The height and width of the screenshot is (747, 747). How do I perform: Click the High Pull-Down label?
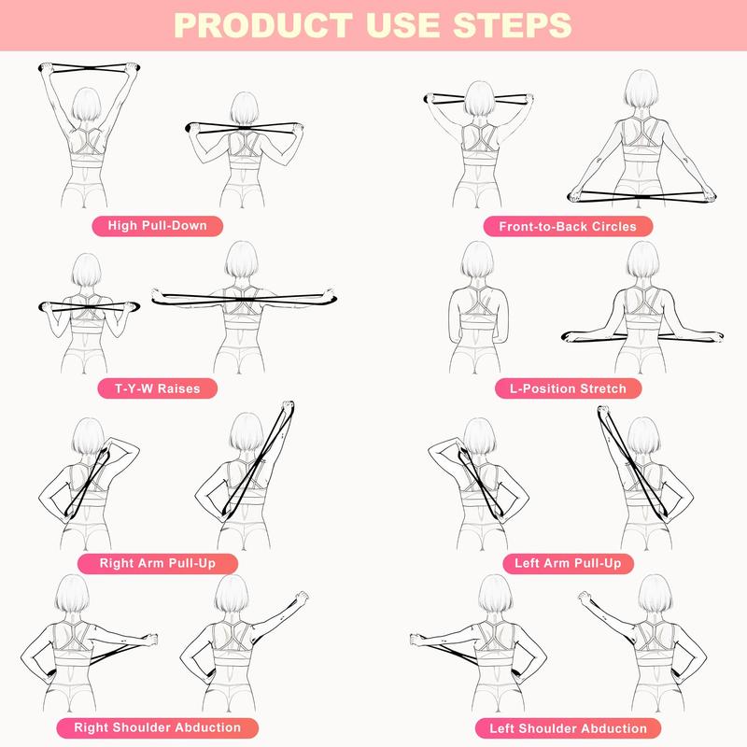[x=163, y=225]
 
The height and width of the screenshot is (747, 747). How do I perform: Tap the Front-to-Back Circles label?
[x=568, y=226]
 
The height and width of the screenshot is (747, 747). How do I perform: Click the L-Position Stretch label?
[x=569, y=388]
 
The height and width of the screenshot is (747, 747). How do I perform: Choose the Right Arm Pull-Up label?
[x=157, y=563]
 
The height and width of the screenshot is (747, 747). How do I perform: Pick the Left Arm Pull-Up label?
[x=568, y=563]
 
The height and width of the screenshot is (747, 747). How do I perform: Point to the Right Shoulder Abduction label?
[x=157, y=727]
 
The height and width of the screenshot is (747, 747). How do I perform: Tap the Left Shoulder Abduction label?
[x=568, y=727]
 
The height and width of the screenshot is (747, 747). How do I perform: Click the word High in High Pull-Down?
[x=123, y=225]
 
